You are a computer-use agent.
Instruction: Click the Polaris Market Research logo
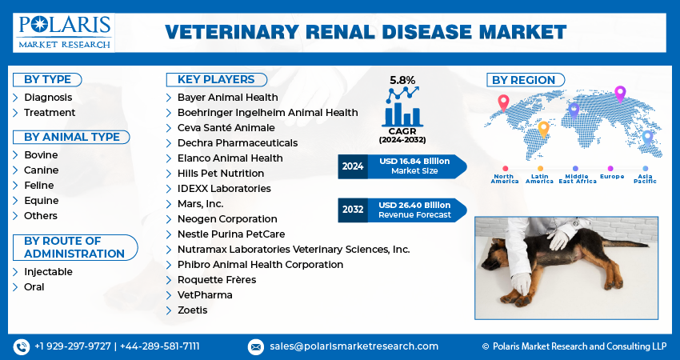point(64,32)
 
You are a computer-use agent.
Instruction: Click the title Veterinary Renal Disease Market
point(365,32)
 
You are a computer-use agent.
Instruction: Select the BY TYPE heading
point(47,79)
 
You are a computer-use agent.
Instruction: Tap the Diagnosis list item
point(48,98)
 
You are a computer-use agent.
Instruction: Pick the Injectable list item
point(48,272)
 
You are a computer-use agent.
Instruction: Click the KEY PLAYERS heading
point(217,79)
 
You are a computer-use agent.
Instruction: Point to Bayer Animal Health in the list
point(227,98)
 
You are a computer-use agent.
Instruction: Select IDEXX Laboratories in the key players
point(224,189)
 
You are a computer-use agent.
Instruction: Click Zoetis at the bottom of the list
point(193,310)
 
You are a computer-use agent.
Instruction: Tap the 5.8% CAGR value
point(402,81)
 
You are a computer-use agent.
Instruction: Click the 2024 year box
point(352,166)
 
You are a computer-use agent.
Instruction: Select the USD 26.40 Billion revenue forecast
point(414,206)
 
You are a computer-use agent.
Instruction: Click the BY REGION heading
point(523,80)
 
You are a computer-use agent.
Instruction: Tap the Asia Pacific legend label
point(645,178)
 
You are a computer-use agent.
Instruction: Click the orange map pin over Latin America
point(543,128)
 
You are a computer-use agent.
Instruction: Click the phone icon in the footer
point(22,346)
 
